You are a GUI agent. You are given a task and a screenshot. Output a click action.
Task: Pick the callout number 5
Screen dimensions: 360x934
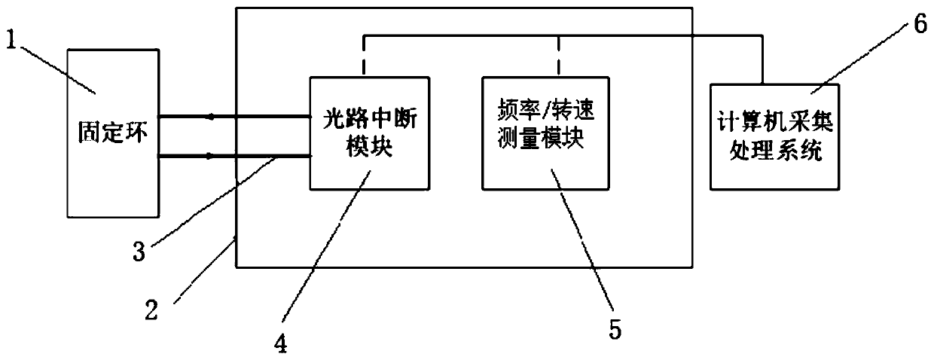coord(617,329)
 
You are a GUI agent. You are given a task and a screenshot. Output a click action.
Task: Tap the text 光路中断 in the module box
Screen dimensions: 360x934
coord(368,119)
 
